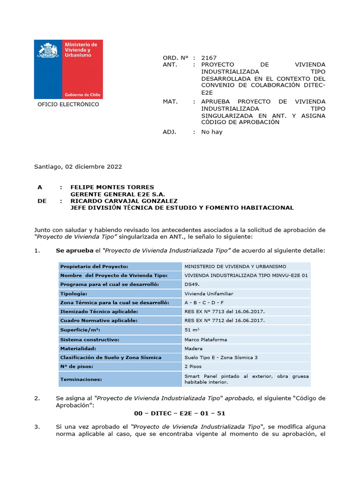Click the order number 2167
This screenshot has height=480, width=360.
[209, 58]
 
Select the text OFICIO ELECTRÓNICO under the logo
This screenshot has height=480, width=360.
[68, 105]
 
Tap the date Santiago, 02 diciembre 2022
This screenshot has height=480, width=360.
[78, 166]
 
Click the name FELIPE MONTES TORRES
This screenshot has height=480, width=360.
[112, 187]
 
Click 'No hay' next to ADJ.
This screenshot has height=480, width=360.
[212, 132]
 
